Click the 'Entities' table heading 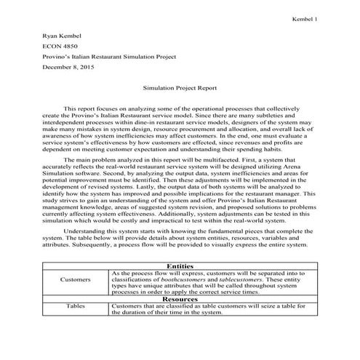(180, 267)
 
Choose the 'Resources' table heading (180, 299)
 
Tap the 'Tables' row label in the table (75, 307)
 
